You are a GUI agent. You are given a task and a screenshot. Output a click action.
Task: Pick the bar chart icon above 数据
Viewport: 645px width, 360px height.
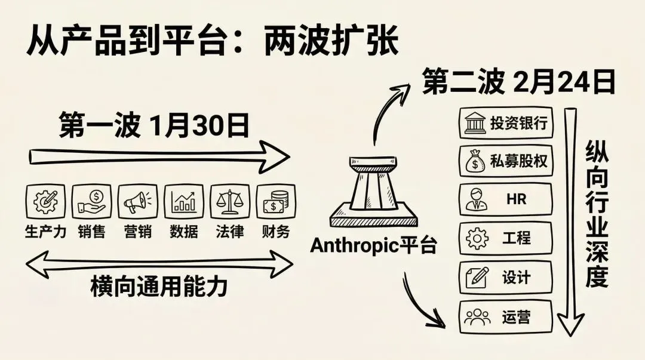(x=184, y=201)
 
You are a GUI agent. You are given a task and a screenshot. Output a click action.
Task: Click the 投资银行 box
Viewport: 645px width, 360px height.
(x=505, y=124)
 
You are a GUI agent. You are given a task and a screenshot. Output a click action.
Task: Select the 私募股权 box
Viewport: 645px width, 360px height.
(x=505, y=161)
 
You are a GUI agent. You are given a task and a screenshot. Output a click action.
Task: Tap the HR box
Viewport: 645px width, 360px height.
(x=505, y=199)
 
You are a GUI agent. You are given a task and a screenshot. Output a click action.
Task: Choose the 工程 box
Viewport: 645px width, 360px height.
(x=505, y=238)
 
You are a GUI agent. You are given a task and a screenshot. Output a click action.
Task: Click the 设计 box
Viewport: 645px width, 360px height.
(x=505, y=276)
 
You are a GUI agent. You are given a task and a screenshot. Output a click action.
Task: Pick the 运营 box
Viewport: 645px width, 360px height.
(x=505, y=316)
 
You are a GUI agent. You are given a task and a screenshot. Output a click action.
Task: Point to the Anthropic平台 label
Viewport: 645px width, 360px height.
(x=373, y=245)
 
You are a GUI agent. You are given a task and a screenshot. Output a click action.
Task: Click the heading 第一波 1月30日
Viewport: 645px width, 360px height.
(x=153, y=126)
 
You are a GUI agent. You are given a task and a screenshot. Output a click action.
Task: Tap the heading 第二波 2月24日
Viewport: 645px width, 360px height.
(x=518, y=83)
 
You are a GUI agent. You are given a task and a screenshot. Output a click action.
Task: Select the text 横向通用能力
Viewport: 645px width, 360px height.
(x=159, y=287)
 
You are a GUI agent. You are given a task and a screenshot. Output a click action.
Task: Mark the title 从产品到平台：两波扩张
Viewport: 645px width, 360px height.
(x=212, y=40)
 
